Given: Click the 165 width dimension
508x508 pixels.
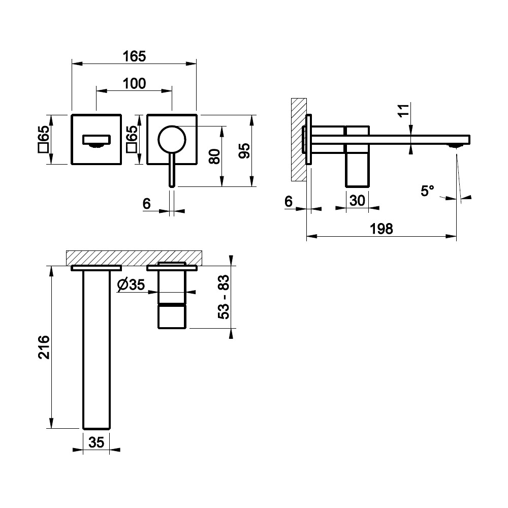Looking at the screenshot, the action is coord(134,56).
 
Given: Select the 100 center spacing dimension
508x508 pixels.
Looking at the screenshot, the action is coord(134,84).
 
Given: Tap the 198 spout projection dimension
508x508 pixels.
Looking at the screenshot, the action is coord(382,229).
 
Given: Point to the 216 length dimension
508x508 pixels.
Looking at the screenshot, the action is coord(44,347).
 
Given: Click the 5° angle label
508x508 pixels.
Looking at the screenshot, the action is coord(427,190).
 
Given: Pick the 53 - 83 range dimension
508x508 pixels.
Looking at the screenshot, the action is coord(223,297).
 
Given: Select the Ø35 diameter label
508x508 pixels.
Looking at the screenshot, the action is coord(131,285).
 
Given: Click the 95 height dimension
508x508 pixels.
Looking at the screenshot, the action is coord(244,150).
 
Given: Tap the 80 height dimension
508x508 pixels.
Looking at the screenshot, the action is coord(214,156).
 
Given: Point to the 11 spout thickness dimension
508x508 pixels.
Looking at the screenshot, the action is coord(403,111).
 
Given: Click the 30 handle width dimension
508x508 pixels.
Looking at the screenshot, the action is coord(357,201).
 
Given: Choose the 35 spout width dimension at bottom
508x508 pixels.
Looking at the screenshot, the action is coord(96,442).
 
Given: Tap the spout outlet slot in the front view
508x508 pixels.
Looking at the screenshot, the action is coord(97,140).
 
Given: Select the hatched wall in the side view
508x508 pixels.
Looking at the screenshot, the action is coord(299,139).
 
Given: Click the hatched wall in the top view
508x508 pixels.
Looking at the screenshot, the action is coord(134,258).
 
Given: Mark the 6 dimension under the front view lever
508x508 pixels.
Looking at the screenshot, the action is coord(146,204).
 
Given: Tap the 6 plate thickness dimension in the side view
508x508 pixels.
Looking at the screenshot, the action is coord(289,201).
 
